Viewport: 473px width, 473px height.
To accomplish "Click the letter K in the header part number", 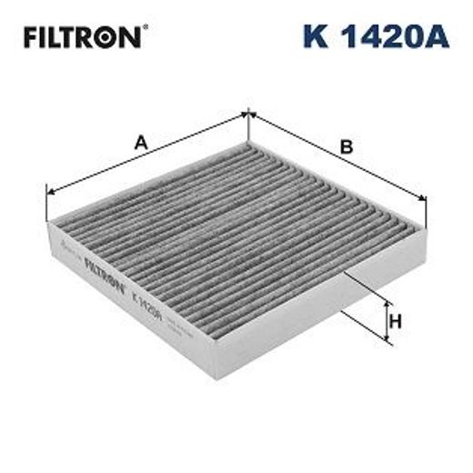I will click(x=315, y=37).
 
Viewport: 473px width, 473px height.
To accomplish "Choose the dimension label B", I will click(x=346, y=146).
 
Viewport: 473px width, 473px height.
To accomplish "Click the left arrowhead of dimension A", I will click(x=49, y=193).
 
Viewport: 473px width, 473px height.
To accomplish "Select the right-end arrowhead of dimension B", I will click(x=423, y=216).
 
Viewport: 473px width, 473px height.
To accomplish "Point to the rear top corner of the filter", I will click(x=247, y=143).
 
